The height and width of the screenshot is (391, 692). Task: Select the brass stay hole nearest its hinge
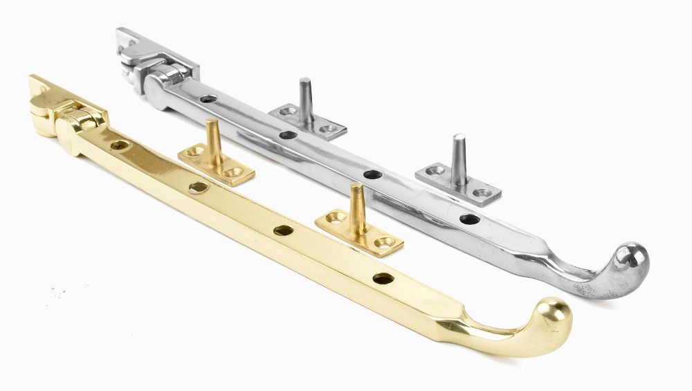[x=120, y=146]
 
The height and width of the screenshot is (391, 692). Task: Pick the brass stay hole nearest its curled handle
[x=383, y=279]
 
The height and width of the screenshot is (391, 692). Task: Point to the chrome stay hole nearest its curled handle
[x=469, y=220]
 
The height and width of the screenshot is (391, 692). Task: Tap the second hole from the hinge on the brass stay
[x=199, y=187]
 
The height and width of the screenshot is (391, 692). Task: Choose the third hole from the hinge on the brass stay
[x=281, y=230]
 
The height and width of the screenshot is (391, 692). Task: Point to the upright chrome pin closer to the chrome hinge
[x=305, y=96]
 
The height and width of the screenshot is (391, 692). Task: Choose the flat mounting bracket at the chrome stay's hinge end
[x=135, y=46]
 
